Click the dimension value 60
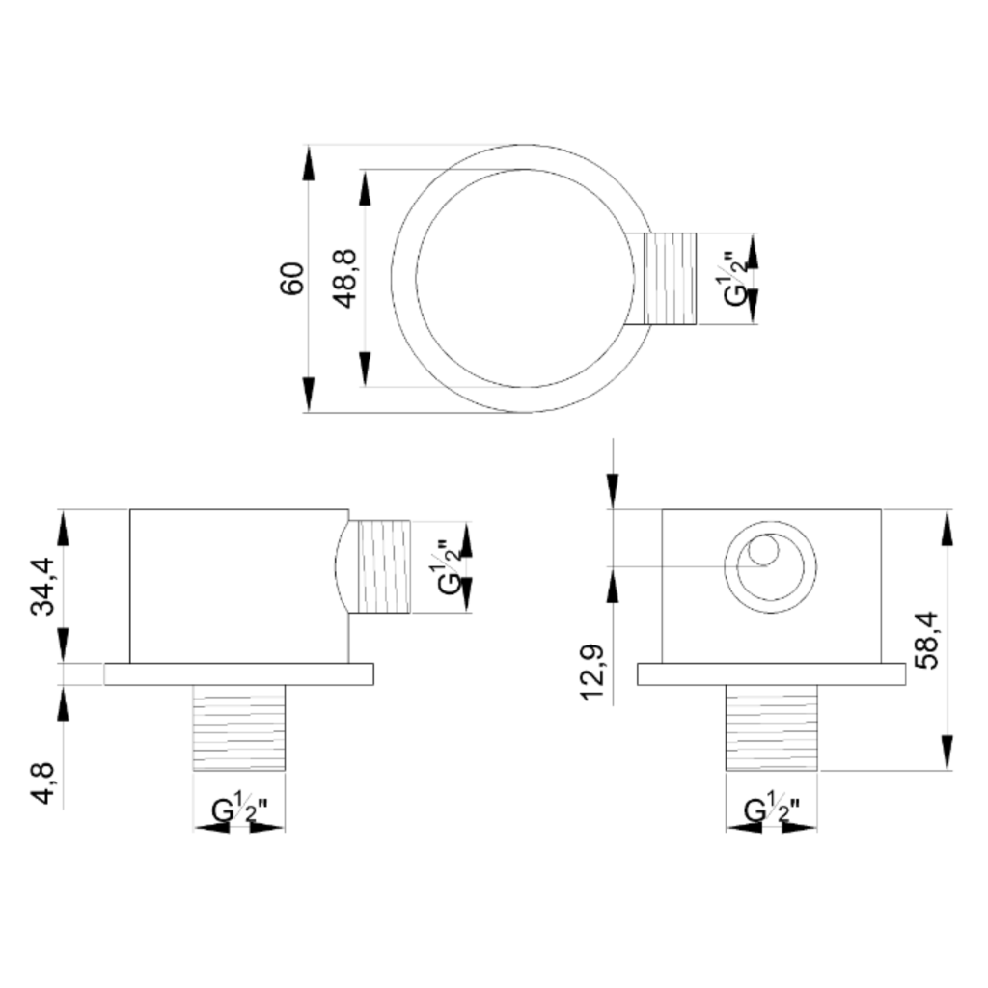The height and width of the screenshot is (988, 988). [291, 278]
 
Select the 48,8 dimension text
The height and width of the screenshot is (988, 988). [345, 279]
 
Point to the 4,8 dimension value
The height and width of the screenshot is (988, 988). [43, 782]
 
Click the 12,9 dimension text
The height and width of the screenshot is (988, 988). [593, 672]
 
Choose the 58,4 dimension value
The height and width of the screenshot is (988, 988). [925, 640]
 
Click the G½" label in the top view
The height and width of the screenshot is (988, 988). [736, 279]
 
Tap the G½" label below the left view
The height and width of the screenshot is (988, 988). [239, 810]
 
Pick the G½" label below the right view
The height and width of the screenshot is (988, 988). [773, 810]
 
